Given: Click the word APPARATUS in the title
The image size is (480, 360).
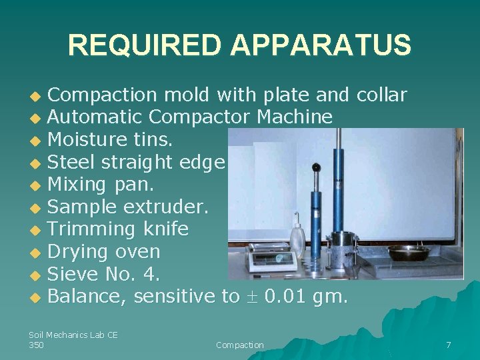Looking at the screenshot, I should point(321,45).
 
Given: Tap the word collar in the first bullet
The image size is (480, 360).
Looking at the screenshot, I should point(381,95).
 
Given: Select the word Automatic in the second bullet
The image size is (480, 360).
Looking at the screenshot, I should point(95,117).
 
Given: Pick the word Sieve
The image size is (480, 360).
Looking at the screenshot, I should point(73,274).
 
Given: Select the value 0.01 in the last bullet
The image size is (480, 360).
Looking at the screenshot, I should point(287,297).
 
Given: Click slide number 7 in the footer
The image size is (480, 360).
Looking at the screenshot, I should point(448,345).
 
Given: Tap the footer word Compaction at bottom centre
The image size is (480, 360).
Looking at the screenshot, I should point(240,345).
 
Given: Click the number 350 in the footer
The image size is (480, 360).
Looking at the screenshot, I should point(37,345).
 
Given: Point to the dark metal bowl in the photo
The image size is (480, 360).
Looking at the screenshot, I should point(408,253).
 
